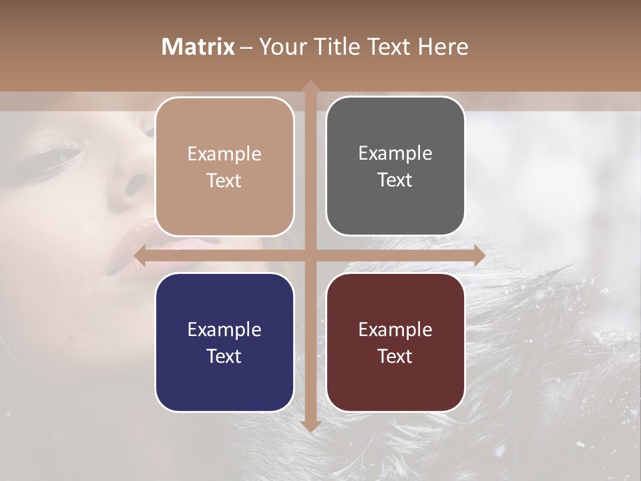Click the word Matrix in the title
[198, 47]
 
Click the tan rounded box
[224, 167]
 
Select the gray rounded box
[395, 166]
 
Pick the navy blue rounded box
[224, 343]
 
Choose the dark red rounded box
[395, 343]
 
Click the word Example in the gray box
[395, 154]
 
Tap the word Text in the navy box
[224, 356]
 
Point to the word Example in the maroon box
[395, 329]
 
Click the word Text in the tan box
[224, 181]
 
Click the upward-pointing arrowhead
[310, 86]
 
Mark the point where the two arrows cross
[310, 255]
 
